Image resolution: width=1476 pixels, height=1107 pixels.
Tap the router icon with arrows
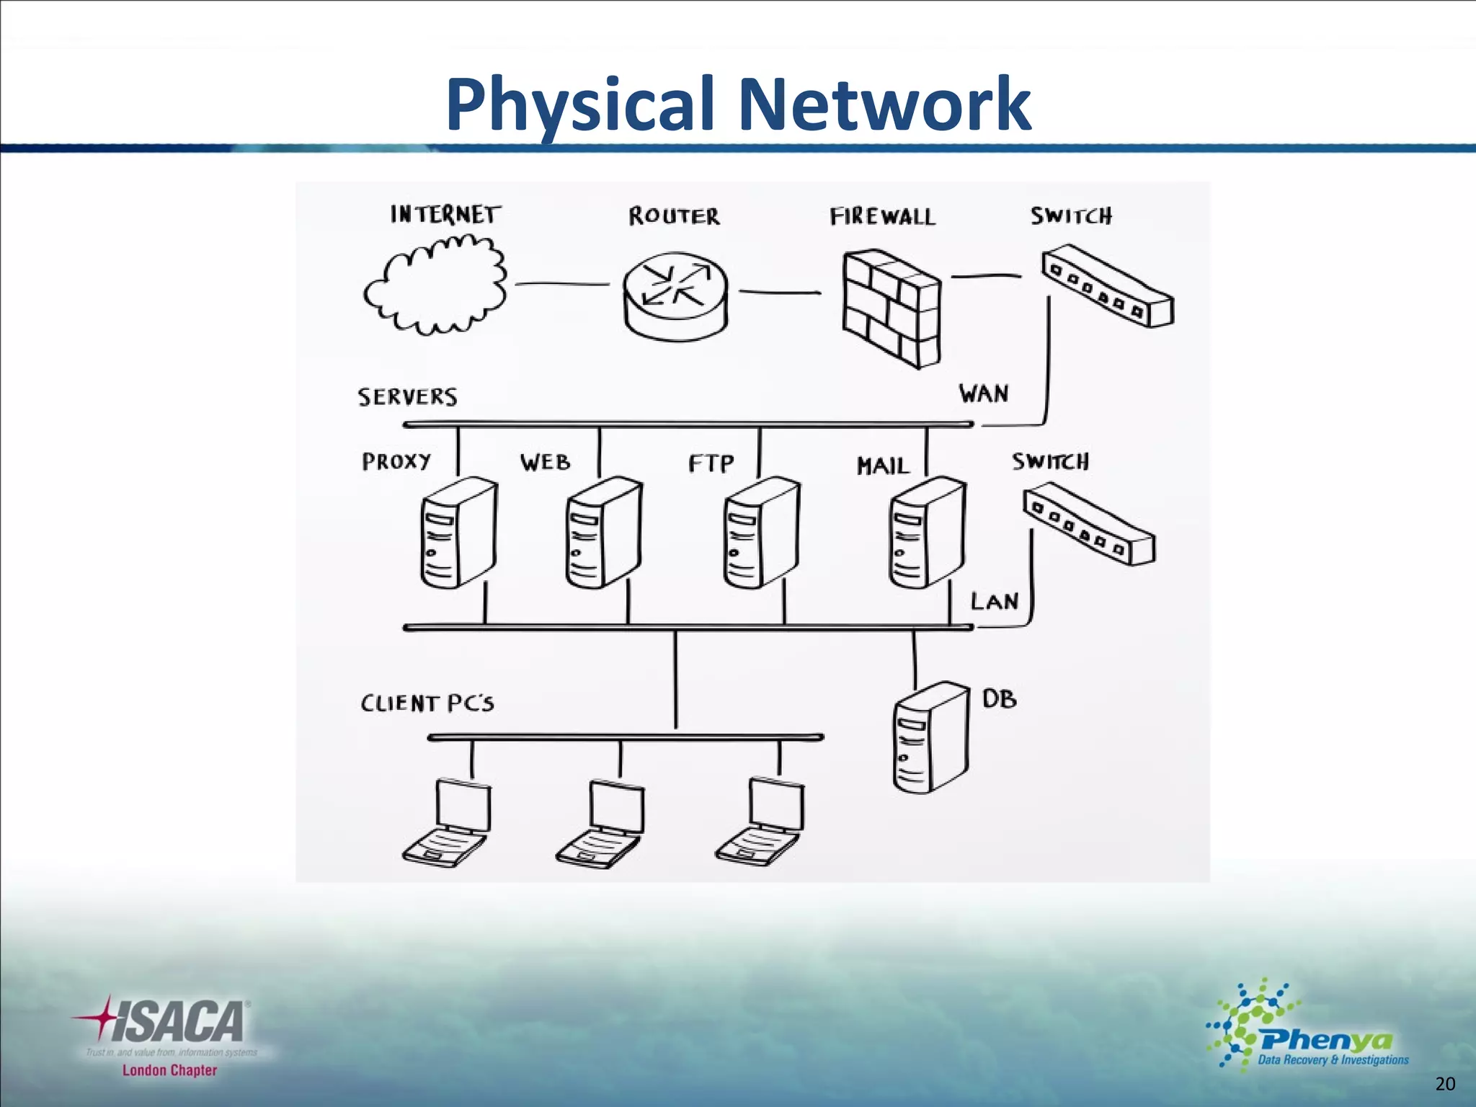click(x=675, y=294)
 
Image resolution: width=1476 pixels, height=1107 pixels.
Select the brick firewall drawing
click(x=892, y=309)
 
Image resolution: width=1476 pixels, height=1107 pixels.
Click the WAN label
click(x=983, y=394)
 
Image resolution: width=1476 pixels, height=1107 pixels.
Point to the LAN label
click(x=994, y=601)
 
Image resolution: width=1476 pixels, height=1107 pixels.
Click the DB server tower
click(x=930, y=737)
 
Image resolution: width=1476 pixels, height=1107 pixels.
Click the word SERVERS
click(x=407, y=397)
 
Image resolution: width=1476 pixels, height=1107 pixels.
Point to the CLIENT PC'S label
click(x=427, y=703)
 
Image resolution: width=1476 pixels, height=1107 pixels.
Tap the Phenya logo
click(x=1308, y=1027)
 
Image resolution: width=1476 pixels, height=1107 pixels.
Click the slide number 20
click(x=1445, y=1084)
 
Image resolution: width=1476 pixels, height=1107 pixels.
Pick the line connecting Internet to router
click(x=561, y=284)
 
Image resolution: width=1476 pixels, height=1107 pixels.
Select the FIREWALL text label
click(x=882, y=217)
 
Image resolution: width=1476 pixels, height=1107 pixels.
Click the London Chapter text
click(x=169, y=1070)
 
